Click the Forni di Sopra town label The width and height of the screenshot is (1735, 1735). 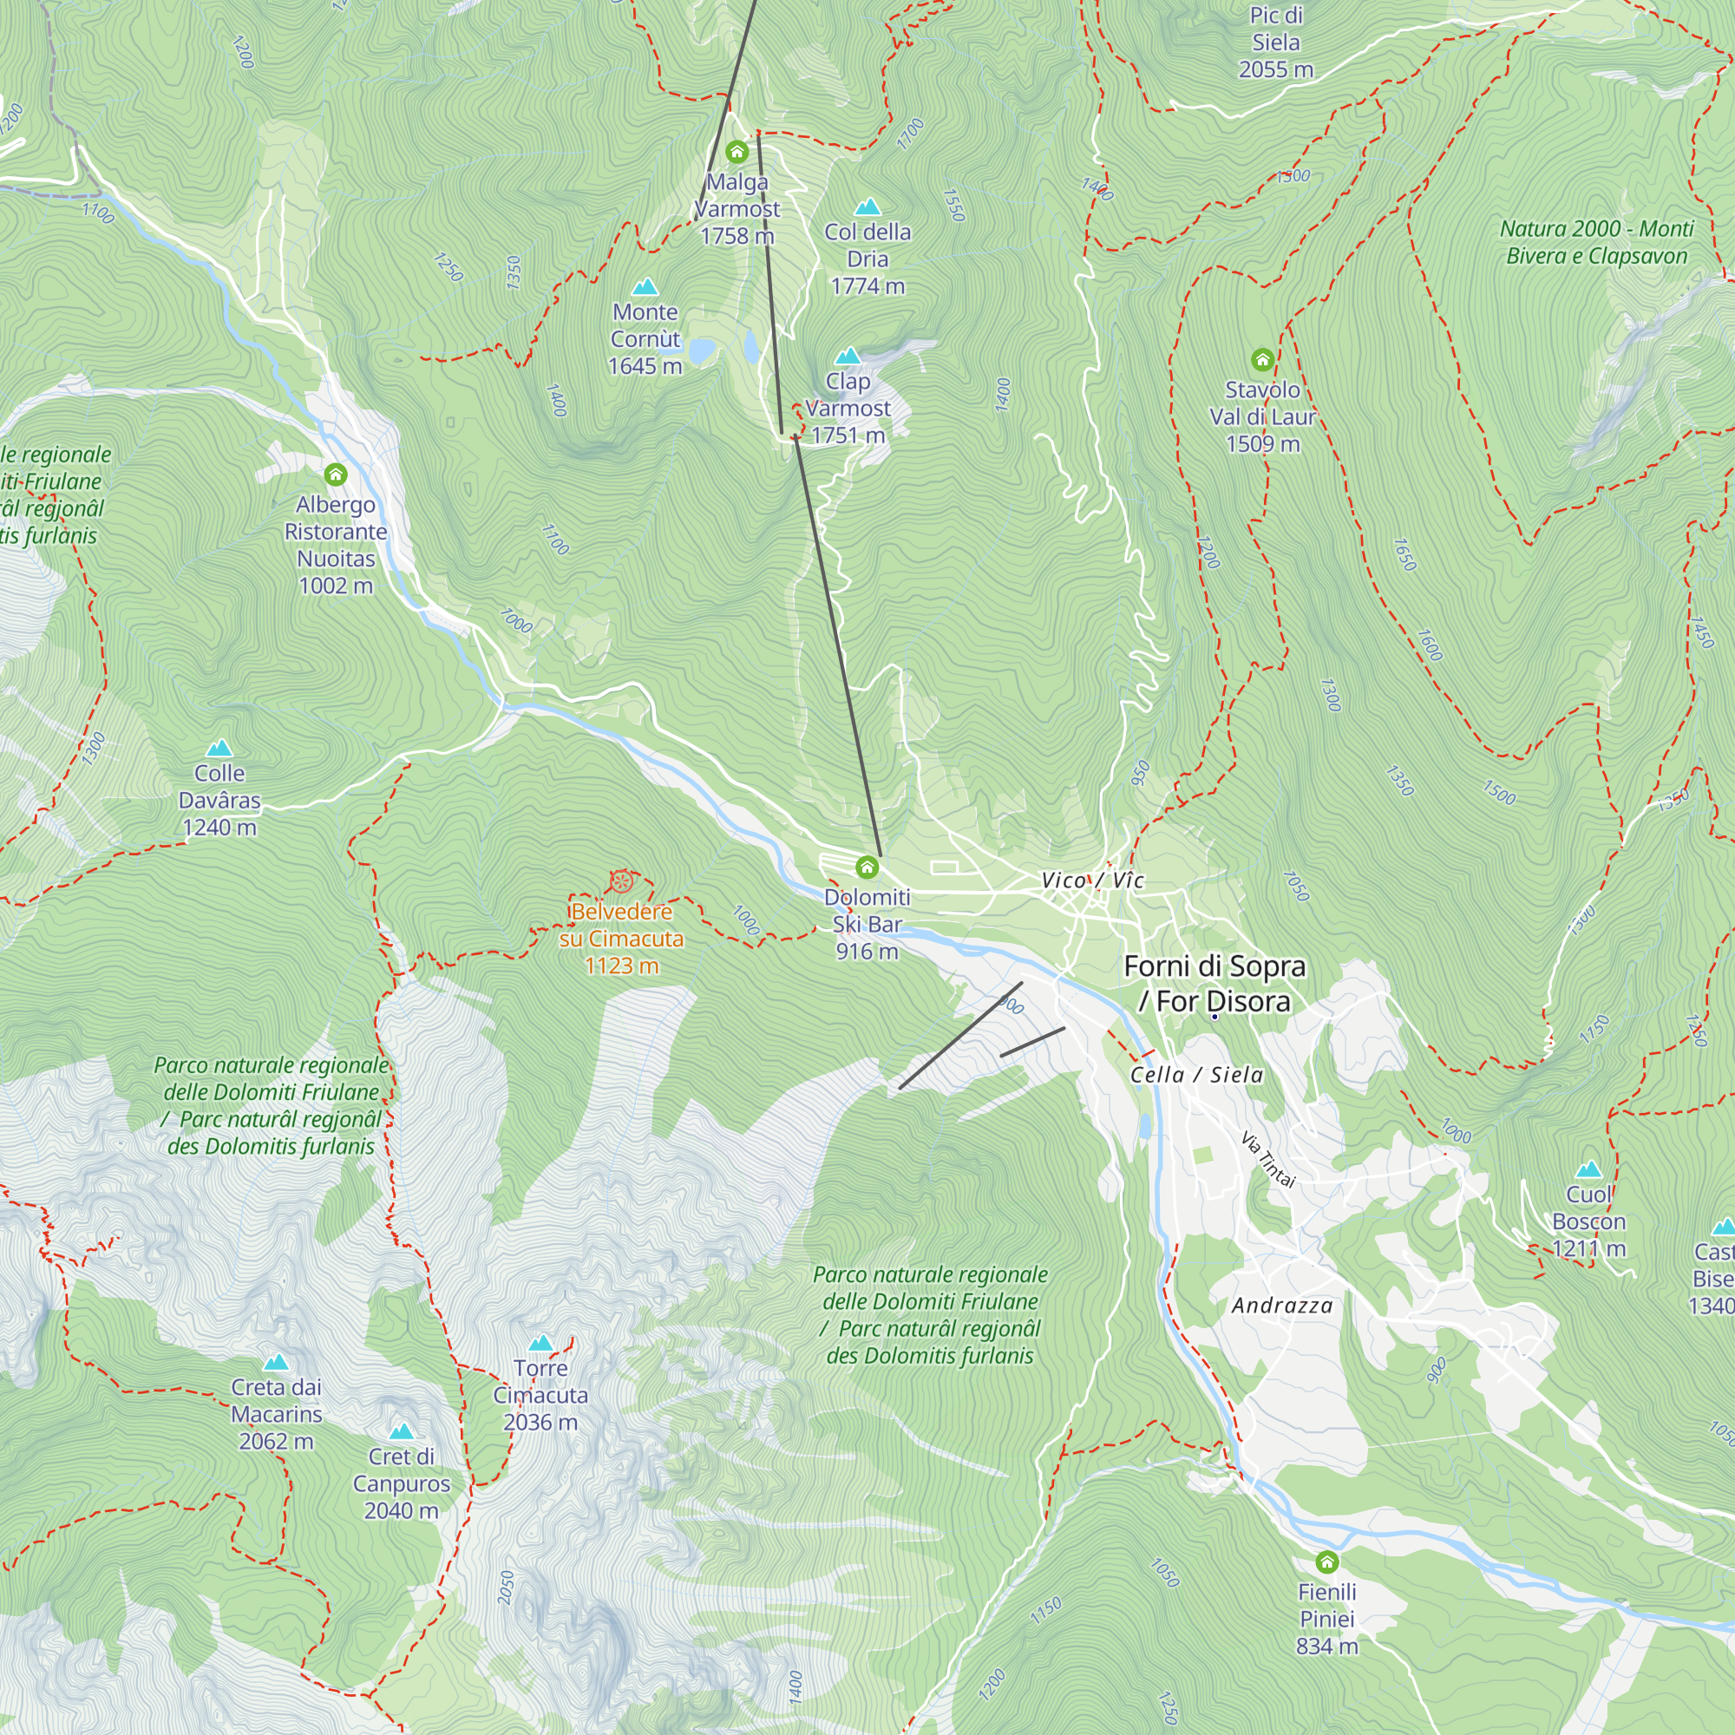[x=1214, y=984]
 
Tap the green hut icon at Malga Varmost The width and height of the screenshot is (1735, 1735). [x=737, y=151]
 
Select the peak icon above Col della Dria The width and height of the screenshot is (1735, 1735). [x=867, y=207]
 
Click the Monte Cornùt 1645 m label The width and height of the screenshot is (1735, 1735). [x=645, y=338]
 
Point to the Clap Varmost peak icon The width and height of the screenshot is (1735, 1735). [x=847, y=357]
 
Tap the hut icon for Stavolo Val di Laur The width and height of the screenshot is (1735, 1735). [x=1261, y=360]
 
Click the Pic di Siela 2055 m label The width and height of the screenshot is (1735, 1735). [x=1275, y=43]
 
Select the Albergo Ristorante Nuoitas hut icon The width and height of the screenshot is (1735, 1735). [x=335, y=475]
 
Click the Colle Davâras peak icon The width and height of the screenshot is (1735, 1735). [x=219, y=748]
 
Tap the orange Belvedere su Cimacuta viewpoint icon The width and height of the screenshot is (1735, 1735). [x=620, y=881]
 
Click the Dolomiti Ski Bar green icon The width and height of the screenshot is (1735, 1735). [x=867, y=867]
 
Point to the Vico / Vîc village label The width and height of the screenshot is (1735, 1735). [x=1092, y=880]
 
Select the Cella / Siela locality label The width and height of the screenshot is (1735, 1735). [x=1196, y=1075]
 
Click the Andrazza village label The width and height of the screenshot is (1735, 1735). [x=1281, y=1306]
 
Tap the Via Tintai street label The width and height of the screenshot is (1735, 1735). [x=1268, y=1159]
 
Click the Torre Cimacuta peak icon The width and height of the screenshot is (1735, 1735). [x=540, y=1344]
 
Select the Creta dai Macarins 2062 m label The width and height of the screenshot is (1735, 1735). [x=276, y=1413]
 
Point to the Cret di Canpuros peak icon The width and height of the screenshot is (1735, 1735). [x=402, y=1431]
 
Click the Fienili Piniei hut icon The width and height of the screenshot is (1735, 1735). [x=1326, y=1561]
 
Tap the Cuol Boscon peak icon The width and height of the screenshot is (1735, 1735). [x=1588, y=1169]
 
